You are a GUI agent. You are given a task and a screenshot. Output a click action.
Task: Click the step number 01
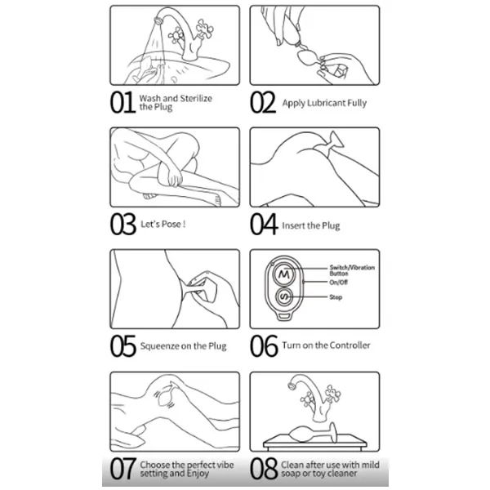[122, 103]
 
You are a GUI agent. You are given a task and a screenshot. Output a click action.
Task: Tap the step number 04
[264, 224]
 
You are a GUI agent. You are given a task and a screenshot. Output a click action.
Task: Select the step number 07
[123, 469]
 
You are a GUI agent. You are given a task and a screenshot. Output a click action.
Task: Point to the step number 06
[264, 345]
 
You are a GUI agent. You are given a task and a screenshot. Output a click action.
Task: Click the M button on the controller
[283, 274]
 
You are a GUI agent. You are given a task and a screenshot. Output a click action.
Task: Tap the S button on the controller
[284, 297]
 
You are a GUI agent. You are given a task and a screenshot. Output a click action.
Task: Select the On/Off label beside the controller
[338, 283]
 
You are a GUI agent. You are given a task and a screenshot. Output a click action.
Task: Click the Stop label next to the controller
[336, 297]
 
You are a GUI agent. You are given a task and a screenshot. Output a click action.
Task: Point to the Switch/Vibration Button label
[352, 270]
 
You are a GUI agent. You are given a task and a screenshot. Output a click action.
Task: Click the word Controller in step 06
[350, 345]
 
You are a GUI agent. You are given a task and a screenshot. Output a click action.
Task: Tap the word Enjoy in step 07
[198, 474]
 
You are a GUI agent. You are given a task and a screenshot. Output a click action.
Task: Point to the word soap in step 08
[289, 474]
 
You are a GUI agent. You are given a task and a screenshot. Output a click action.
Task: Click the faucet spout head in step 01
[158, 21]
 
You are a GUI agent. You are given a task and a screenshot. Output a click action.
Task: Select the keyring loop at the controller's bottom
[283, 316]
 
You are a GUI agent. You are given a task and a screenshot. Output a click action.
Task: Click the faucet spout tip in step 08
[292, 387]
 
